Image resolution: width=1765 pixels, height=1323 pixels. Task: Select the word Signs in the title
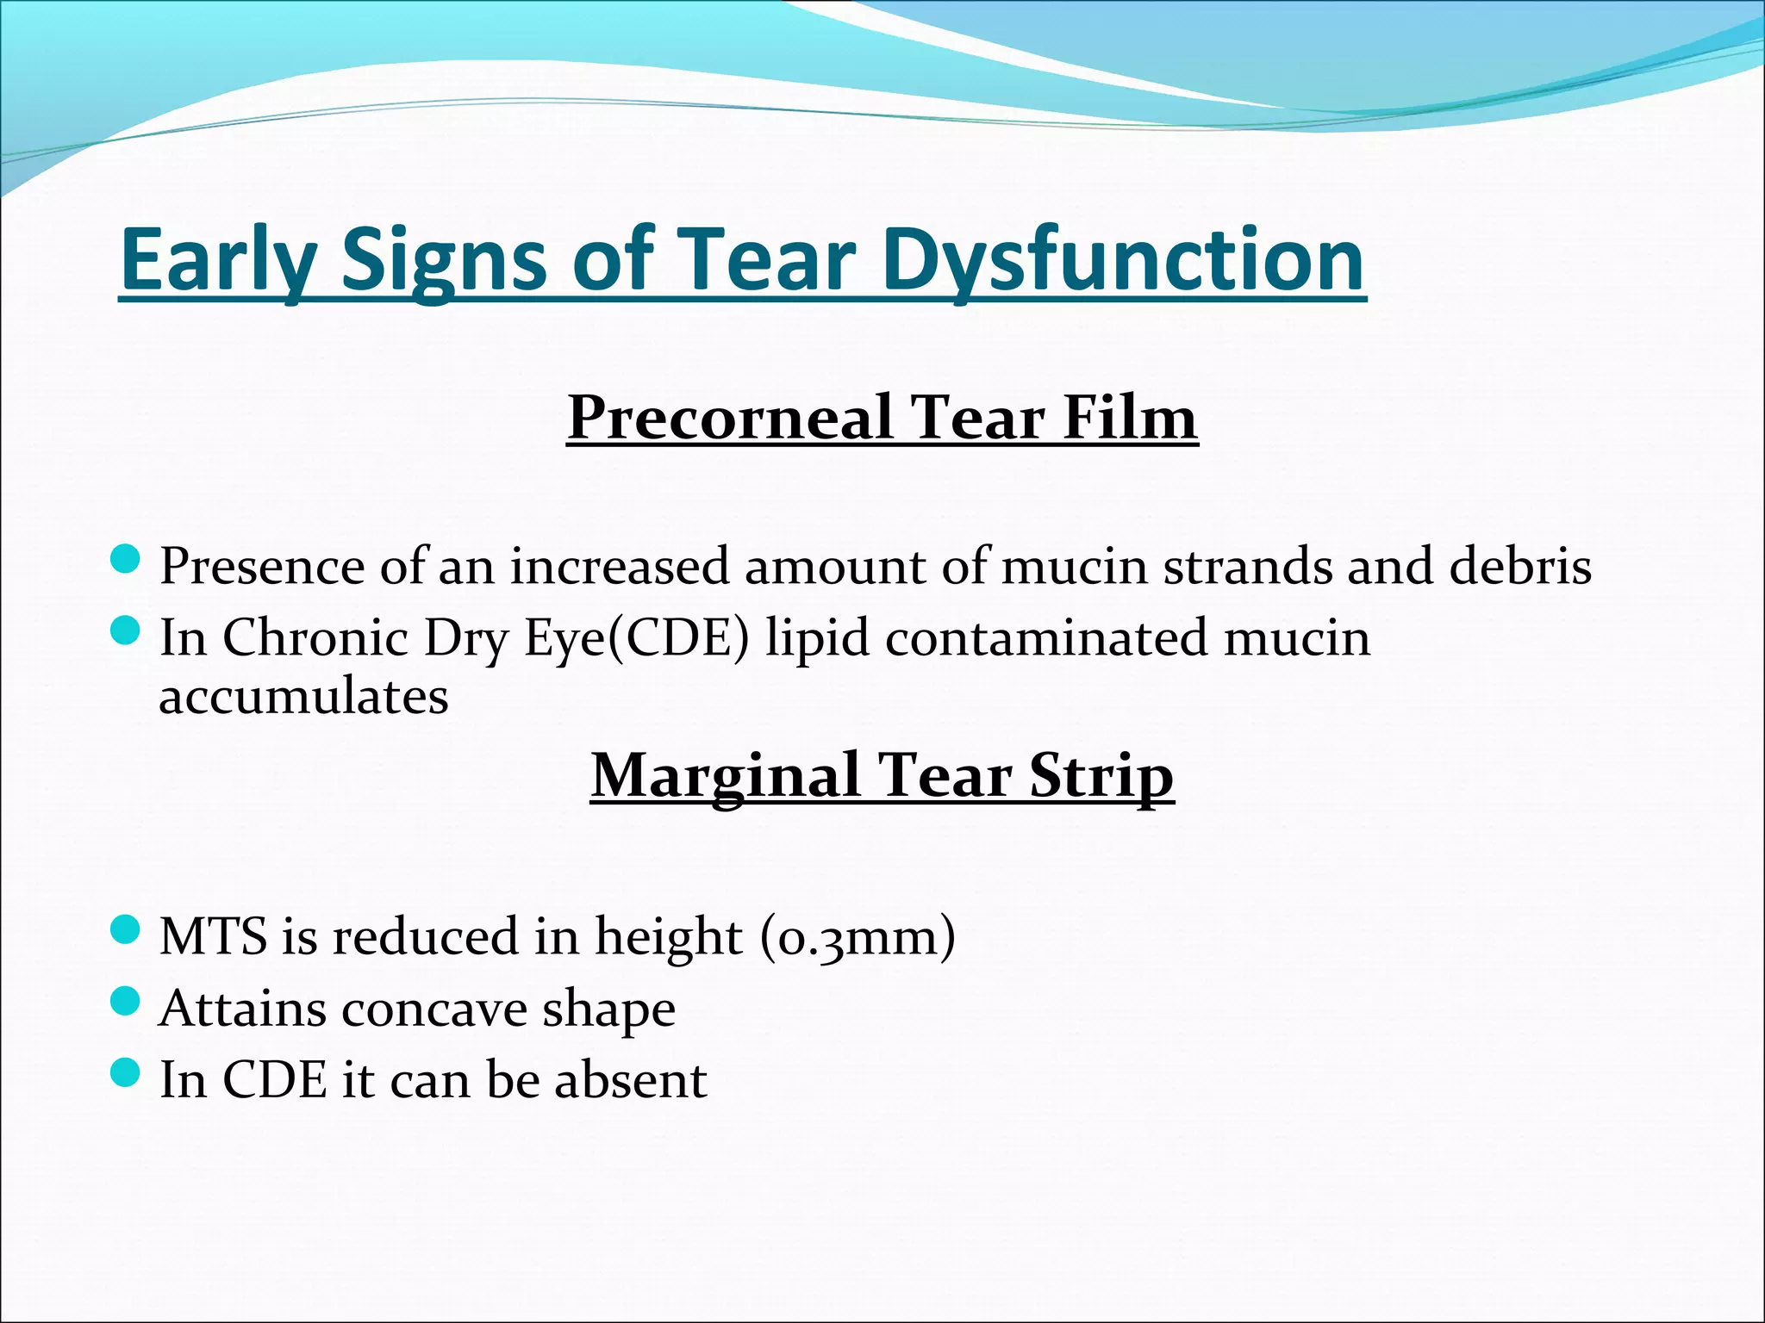(x=445, y=259)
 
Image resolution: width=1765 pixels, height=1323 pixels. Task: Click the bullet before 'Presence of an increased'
(x=126, y=559)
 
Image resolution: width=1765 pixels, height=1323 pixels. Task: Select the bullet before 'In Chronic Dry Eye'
(x=126, y=631)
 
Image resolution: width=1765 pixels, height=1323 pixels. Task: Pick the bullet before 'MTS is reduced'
(x=126, y=929)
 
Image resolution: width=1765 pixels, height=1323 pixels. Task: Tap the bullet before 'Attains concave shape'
(x=126, y=1001)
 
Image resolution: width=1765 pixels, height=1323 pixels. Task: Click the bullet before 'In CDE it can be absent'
(x=126, y=1072)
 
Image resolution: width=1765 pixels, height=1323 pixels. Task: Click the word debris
(x=1520, y=567)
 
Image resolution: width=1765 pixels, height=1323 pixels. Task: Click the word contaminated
(x=1046, y=638)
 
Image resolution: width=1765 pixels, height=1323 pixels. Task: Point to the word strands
(x=1248, y=567)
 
